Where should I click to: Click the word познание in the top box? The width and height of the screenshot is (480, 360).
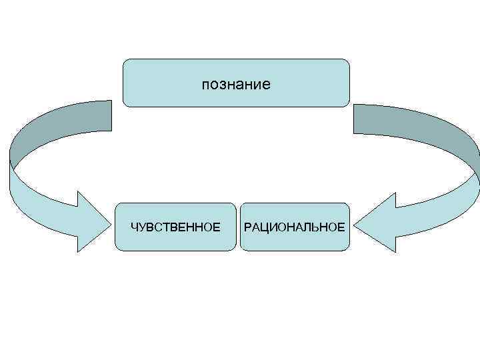(x=236, y=85)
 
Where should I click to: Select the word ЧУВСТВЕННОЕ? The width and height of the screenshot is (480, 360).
(x=175, y=227)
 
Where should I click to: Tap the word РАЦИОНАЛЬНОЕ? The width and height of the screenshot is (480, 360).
(x=294, y=227)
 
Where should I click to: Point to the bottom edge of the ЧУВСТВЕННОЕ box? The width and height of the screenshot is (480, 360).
(x=175, y=251)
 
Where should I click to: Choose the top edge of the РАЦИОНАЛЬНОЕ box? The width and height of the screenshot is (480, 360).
(x=294, y=203)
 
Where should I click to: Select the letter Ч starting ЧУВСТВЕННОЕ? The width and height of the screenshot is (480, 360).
(x=133, y=227)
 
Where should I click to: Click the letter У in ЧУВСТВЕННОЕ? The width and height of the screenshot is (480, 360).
(x=141, y=227)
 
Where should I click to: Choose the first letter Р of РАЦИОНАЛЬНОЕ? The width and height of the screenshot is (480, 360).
(x=247, y=227)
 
